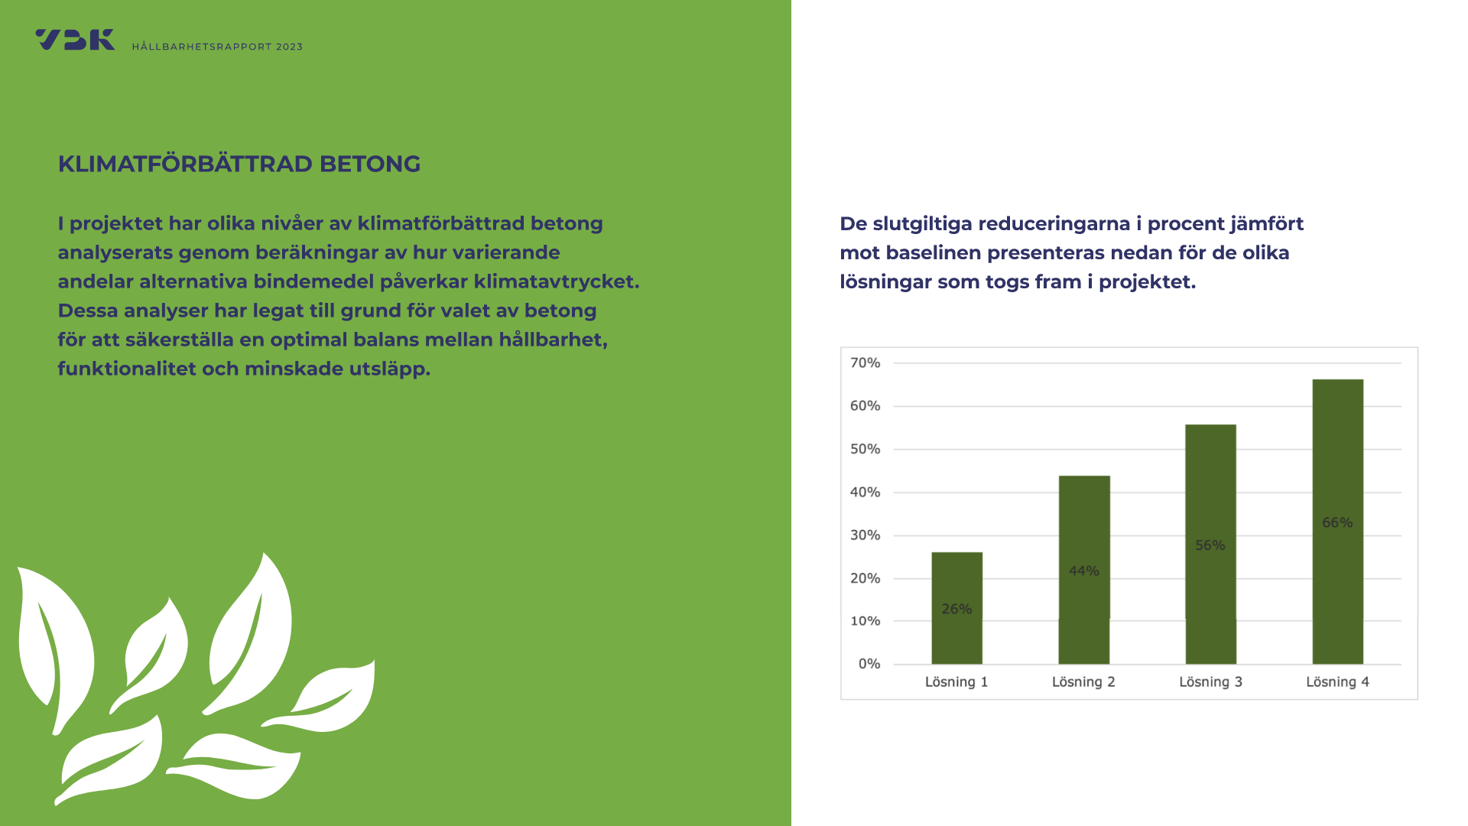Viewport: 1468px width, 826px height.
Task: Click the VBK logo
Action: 75,40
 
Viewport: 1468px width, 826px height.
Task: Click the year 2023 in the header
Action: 289,47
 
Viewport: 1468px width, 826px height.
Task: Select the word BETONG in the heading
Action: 370,164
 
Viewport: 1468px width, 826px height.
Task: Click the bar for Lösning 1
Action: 956,608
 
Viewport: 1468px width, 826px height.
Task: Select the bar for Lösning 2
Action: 1084,570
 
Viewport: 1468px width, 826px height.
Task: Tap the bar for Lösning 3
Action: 1210,544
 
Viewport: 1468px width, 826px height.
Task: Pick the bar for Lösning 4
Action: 1338,522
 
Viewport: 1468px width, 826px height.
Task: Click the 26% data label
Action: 956,609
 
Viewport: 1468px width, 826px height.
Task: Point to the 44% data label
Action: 1084,571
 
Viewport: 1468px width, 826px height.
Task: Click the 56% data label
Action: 1210,545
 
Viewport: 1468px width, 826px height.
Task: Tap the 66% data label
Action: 1338,522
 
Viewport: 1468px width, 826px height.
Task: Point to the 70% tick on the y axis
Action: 866,363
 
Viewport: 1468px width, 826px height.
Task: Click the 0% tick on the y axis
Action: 869,664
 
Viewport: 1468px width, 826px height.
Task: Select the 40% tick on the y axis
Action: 866,492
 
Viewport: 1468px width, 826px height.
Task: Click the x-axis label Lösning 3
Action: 1210,682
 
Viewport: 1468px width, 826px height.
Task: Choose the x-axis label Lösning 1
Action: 956,682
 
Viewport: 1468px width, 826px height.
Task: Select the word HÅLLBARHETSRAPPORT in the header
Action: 202,47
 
